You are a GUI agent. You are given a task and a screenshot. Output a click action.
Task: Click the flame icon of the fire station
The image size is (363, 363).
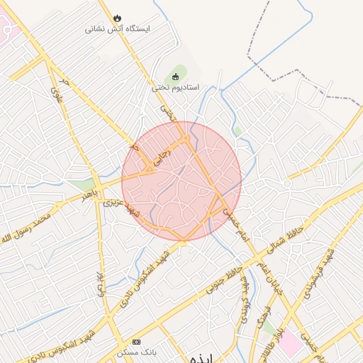pos(117,18)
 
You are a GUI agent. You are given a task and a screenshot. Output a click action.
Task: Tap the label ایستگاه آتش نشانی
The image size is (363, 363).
pos(118,29)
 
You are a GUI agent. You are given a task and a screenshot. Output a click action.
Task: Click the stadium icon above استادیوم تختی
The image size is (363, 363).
pos(176,77)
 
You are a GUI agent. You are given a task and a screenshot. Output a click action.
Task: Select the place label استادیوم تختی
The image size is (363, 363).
pos(176,87)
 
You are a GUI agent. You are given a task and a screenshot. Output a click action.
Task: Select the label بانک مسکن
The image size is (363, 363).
pos(136,352)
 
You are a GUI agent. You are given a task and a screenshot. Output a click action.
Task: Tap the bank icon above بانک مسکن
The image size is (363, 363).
pos(137,342)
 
